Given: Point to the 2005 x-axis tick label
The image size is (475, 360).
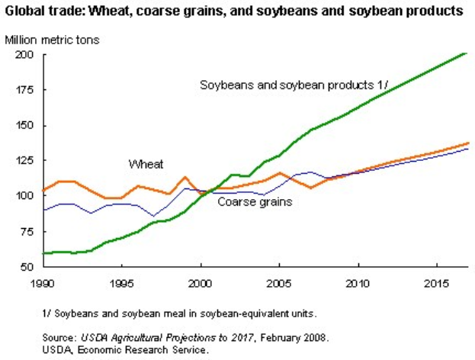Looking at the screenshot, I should click(280, 284).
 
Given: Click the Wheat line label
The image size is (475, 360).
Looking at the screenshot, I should click(145, 164).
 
